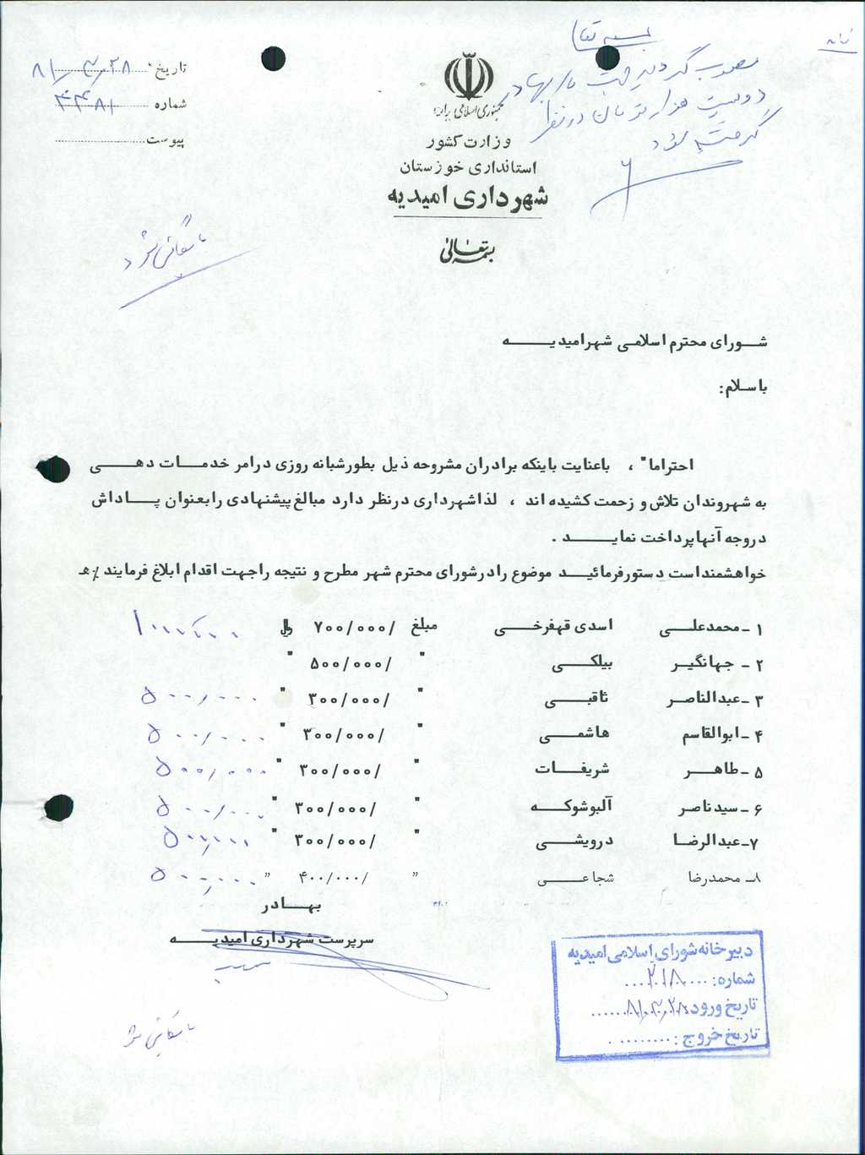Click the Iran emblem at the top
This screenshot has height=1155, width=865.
click(468, 78)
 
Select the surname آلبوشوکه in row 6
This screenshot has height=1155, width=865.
click(570, 807)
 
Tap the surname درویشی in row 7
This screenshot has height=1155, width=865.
click(574, 842)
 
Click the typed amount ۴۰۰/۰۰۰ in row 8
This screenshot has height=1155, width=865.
click(334, 877)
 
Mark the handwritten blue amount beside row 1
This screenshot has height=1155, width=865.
click(185, 628)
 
